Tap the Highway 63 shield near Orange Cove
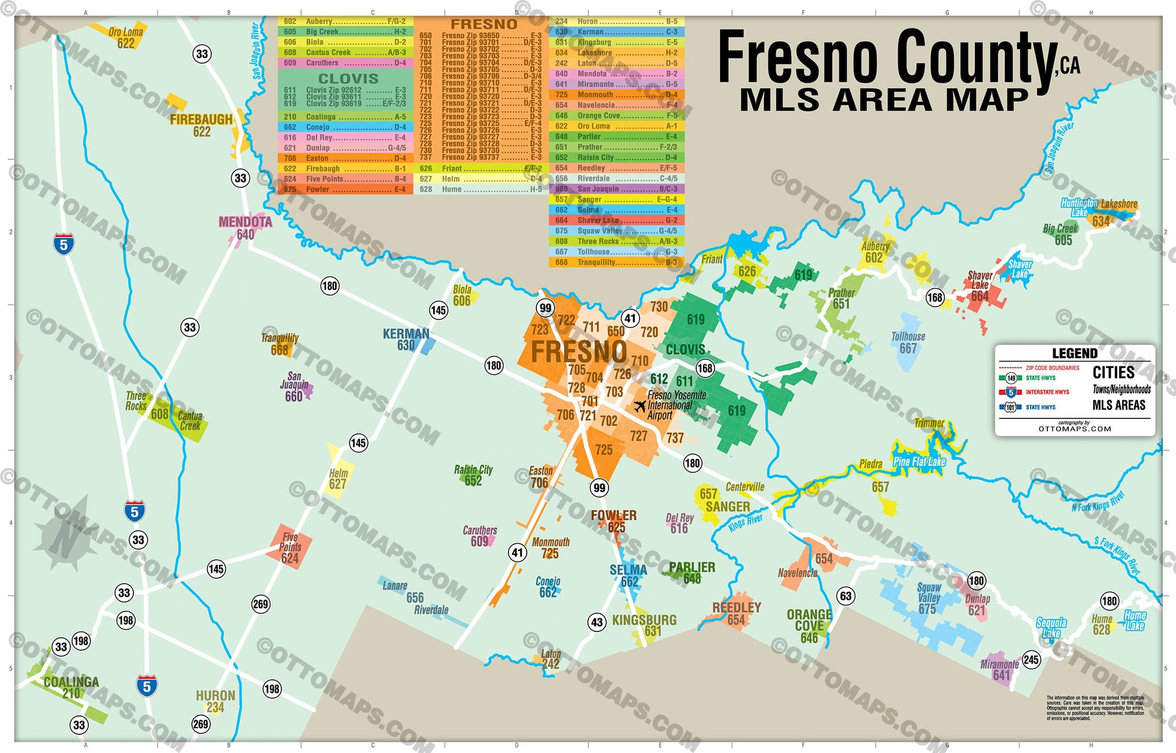coord(846,596)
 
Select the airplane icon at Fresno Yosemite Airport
coord(640,406)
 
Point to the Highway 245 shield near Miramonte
coord(1031,660)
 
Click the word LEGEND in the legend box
coord(1074,353)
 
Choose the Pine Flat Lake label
coord(919,461)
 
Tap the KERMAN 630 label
coord(406,339)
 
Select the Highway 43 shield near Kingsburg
coord(597,623)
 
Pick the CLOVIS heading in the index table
coord(348,78)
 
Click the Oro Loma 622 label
coord(125,38)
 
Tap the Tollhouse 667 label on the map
coord(908,342)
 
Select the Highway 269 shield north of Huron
coord(260,604)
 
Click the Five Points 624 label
coord(290,548)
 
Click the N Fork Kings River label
coord(1098,501)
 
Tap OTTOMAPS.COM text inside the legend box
coord(1074,429)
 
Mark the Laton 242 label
coord(551,659)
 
